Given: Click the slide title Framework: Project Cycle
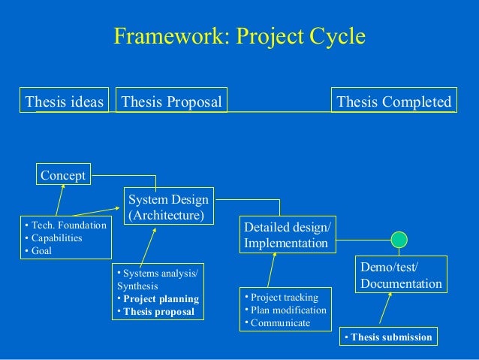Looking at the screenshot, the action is click(x=239, y=37).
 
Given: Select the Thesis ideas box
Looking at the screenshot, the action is click(x=64, y=101).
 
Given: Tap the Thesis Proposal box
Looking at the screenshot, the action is click(x=172, y=101).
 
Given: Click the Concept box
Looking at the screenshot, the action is click(x=63, y=175).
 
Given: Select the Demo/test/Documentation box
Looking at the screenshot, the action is click(x=401, y=275).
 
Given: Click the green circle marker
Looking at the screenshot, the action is click(x=399, y=240).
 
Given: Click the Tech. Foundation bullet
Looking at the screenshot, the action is click(x=66, y=225).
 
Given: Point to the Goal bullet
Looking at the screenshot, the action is click(x=41, y=251).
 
